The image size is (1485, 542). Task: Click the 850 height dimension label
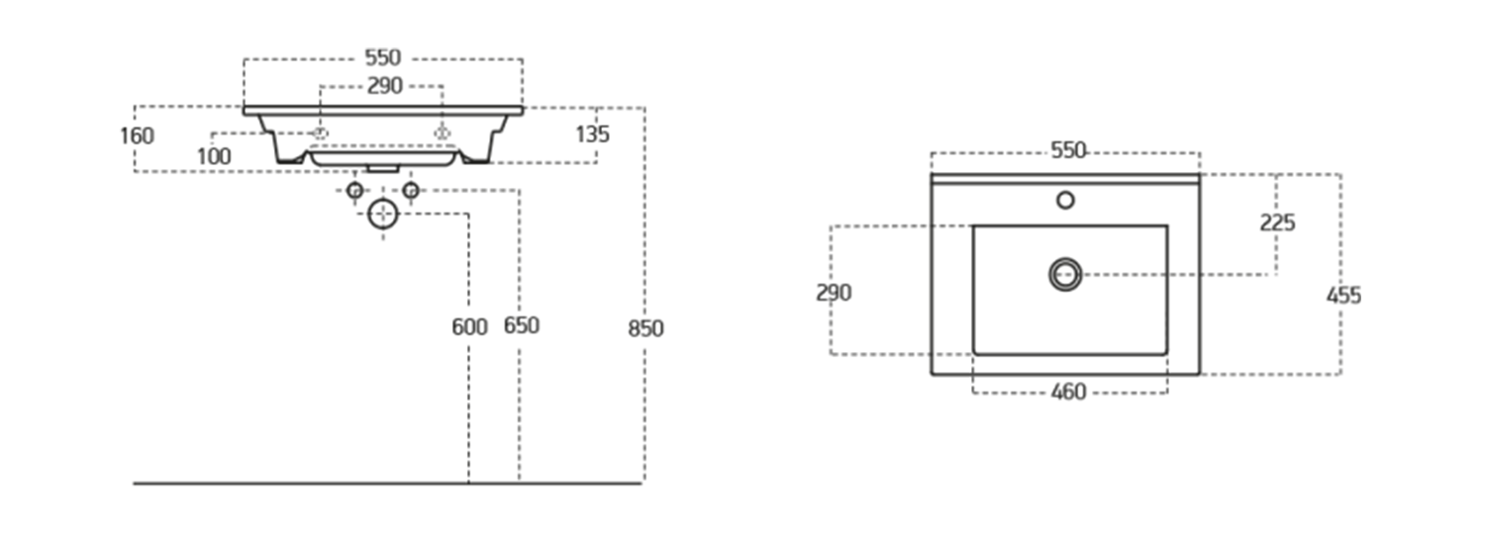645,328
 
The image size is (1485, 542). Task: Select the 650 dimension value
521,325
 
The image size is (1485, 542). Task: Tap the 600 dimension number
469,326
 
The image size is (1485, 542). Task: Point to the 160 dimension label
137,135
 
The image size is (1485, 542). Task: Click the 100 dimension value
214,156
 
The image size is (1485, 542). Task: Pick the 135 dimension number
592,135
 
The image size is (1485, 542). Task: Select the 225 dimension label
1277,223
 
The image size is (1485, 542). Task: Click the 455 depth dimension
1343,295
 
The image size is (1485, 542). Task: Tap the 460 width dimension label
1067,393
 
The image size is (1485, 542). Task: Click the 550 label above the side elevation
382,58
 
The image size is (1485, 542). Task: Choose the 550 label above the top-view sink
1068,150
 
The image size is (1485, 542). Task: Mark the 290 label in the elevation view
385,86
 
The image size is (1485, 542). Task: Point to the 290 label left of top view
834,293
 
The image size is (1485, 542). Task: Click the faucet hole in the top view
1065,200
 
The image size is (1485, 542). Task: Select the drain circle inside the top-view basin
1065,274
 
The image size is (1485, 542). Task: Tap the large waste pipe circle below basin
382,214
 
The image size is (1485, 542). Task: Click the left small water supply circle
354,190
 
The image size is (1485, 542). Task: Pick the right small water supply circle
411,190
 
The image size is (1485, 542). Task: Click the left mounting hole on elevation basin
320,133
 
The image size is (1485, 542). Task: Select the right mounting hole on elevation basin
443,133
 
